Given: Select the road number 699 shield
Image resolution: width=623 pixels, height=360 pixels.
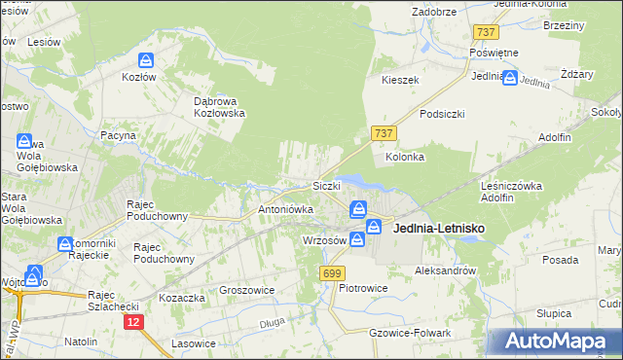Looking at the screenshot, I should pyautogui.click(x=331, y=274).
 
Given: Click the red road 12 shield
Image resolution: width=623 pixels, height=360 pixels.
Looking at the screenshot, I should pyautogui.click(x=133, y=322).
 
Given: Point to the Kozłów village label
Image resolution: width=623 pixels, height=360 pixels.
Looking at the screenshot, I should pyautogui.click(x=139, y=76).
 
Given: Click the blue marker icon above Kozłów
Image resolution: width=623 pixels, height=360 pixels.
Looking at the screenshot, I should pyautogui.click(x=146, y=60).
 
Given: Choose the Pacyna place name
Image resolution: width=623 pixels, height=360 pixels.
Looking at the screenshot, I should pyautogui.click(x=118, y=136).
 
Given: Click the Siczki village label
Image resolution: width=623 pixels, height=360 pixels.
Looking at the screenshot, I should pyautogui.click(x=325, y=186).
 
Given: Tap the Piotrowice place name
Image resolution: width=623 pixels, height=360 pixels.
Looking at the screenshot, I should pyautogui.click(x=363, y=288).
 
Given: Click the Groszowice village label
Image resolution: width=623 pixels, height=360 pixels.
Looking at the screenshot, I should pyautogui.click(x=247, y=290).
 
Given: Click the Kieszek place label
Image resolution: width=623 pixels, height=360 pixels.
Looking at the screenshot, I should pyautogui.click(x=400, y=80).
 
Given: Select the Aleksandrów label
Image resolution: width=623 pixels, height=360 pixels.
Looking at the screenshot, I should pyautogui.click(x=445, y=270).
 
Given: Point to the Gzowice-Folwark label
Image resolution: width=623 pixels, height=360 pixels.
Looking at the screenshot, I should pyautogui.click(x=411, y=333).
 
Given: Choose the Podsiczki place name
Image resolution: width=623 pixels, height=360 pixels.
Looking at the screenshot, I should pyautogui.click(x=442, y=114).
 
